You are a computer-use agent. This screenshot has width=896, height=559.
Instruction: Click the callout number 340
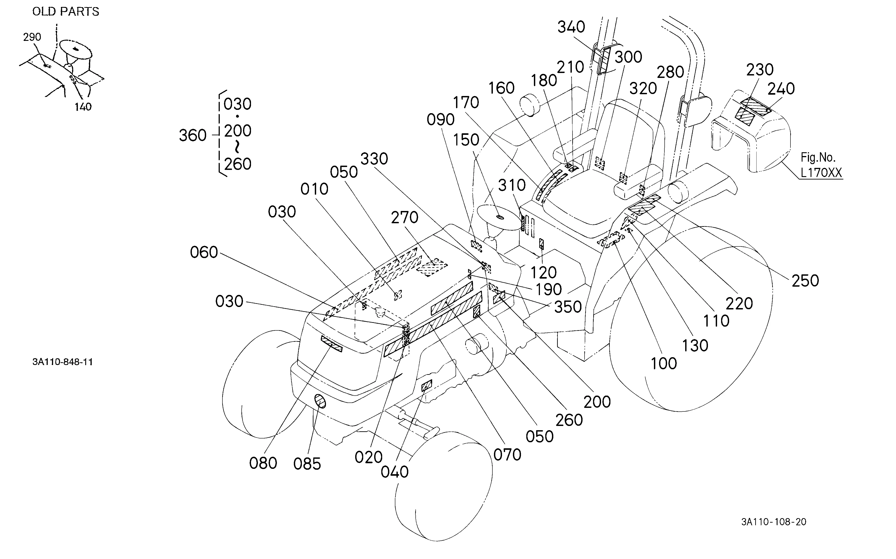571,27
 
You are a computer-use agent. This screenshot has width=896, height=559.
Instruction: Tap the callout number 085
307,464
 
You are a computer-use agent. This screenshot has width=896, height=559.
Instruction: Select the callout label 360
193,136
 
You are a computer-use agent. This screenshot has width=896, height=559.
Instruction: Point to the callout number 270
404,218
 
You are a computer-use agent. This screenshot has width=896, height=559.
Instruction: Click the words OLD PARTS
66,12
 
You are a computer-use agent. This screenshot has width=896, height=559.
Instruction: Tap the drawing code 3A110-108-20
774,522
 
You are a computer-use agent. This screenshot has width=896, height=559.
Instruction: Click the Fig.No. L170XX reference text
821,165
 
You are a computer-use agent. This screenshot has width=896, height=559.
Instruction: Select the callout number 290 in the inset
32,37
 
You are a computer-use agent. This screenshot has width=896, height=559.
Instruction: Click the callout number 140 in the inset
83,107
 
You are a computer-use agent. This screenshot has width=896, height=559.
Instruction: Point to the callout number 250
805,281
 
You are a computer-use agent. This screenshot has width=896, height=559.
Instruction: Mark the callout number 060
204,252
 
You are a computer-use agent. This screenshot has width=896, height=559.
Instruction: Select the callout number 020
368,458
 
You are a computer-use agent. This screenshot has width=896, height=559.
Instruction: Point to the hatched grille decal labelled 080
332,344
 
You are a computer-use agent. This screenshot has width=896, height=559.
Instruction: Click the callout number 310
512,185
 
